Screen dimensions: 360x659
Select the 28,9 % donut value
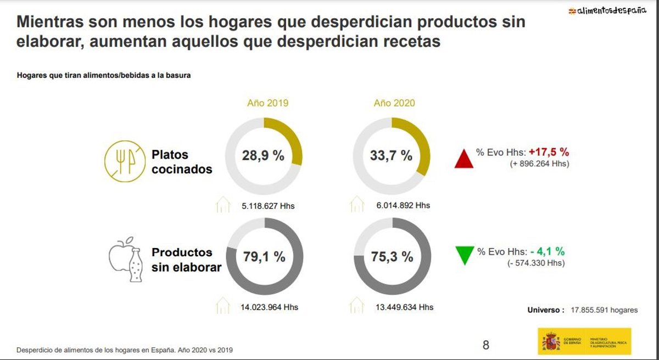click(264, 155)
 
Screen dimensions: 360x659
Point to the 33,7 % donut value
click(391, 155)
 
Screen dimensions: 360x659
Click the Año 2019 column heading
click(267, 103)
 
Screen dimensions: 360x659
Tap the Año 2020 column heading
click(394, 103)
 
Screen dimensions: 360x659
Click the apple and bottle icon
click(126, 260)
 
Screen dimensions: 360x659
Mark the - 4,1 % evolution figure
click(547, 251)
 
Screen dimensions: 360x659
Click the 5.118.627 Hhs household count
click(268, 206)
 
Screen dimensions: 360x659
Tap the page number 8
click(485, 345)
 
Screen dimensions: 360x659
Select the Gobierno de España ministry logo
click(584, 341)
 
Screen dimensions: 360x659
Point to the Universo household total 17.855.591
click(604, 310)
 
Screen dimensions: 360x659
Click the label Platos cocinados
click(182, 162)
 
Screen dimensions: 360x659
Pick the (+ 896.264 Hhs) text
click(538, 164)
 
